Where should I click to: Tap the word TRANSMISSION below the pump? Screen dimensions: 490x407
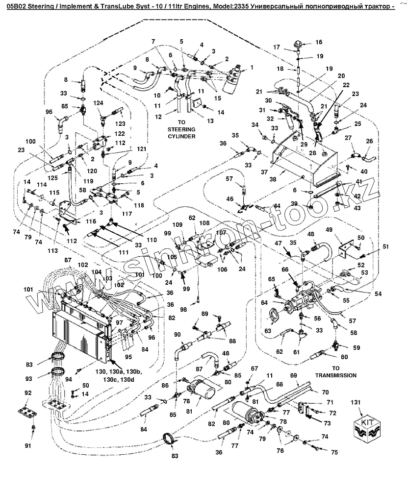(335, 375)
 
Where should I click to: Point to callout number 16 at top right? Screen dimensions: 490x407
(319, 42)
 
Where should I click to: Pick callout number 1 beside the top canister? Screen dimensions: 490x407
(252, 67)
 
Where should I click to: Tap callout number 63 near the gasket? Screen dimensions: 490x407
(268, 331)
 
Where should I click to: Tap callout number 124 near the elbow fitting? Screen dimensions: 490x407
(99, 103)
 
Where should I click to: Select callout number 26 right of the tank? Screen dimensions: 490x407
(369, 142)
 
